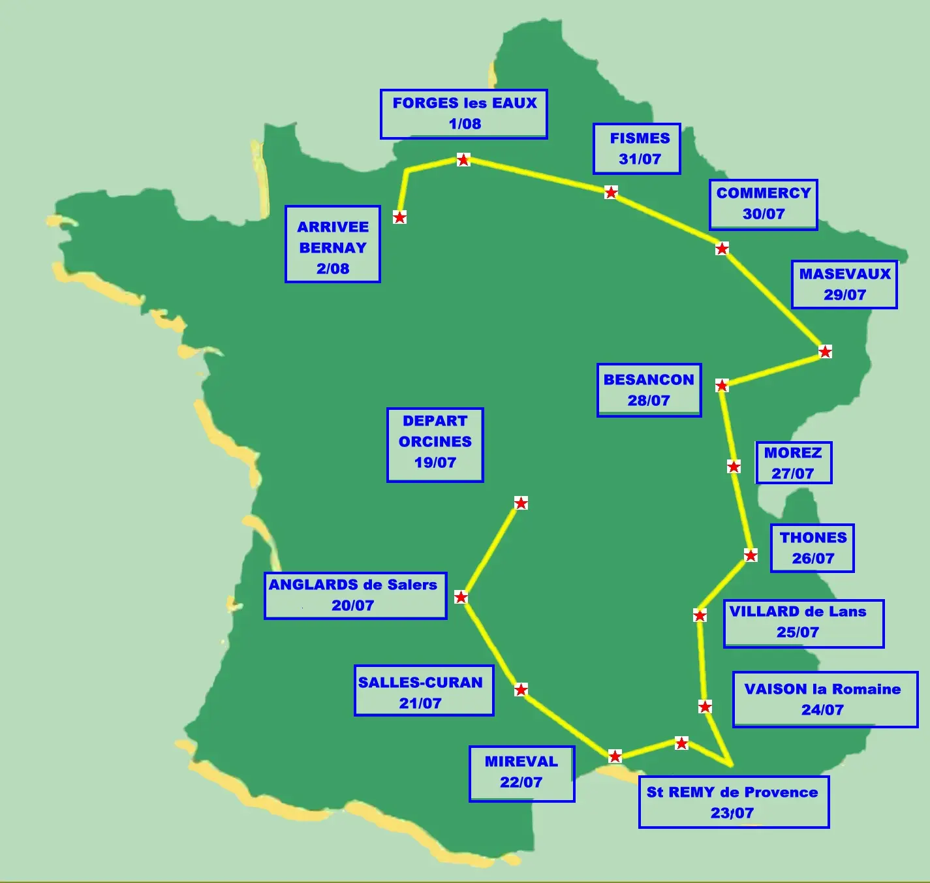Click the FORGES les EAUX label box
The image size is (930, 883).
[x=464, y=114]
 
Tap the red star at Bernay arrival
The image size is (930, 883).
[x=399, y=217]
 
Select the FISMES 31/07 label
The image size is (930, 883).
[x=637, y=149]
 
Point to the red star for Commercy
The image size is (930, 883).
[x=722, y=249]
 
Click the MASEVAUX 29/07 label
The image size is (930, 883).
[x=845, y=285]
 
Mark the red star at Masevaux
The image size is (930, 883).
[x=826, y=352]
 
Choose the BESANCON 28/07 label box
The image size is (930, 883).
[x=649, y=390]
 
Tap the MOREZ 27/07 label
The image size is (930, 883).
[x=794, y=463]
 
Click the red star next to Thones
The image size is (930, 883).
[x=751, y=555]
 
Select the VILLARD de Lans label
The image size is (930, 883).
[x=803, y=623]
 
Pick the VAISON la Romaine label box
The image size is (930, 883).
[x=825, y=699]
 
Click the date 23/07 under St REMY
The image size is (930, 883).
[x=732, y=813]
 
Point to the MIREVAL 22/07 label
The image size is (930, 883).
[x=521, y=773]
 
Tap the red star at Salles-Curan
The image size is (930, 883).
[x=521, y=690]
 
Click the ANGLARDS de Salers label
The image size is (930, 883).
[x=355, y=595]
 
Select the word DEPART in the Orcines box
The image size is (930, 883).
[x=435, y=421]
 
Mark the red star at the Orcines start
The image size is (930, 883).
[x=521, y=503]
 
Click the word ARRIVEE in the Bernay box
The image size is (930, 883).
[x=333, y=227]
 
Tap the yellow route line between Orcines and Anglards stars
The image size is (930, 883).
[x=491, y=550]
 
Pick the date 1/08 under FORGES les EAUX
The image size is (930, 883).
[x=465, y=124]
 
